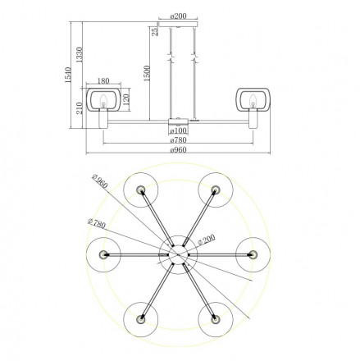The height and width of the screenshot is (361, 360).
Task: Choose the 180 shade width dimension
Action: [104, 80]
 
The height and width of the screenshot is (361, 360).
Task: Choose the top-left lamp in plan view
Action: [140, 190]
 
